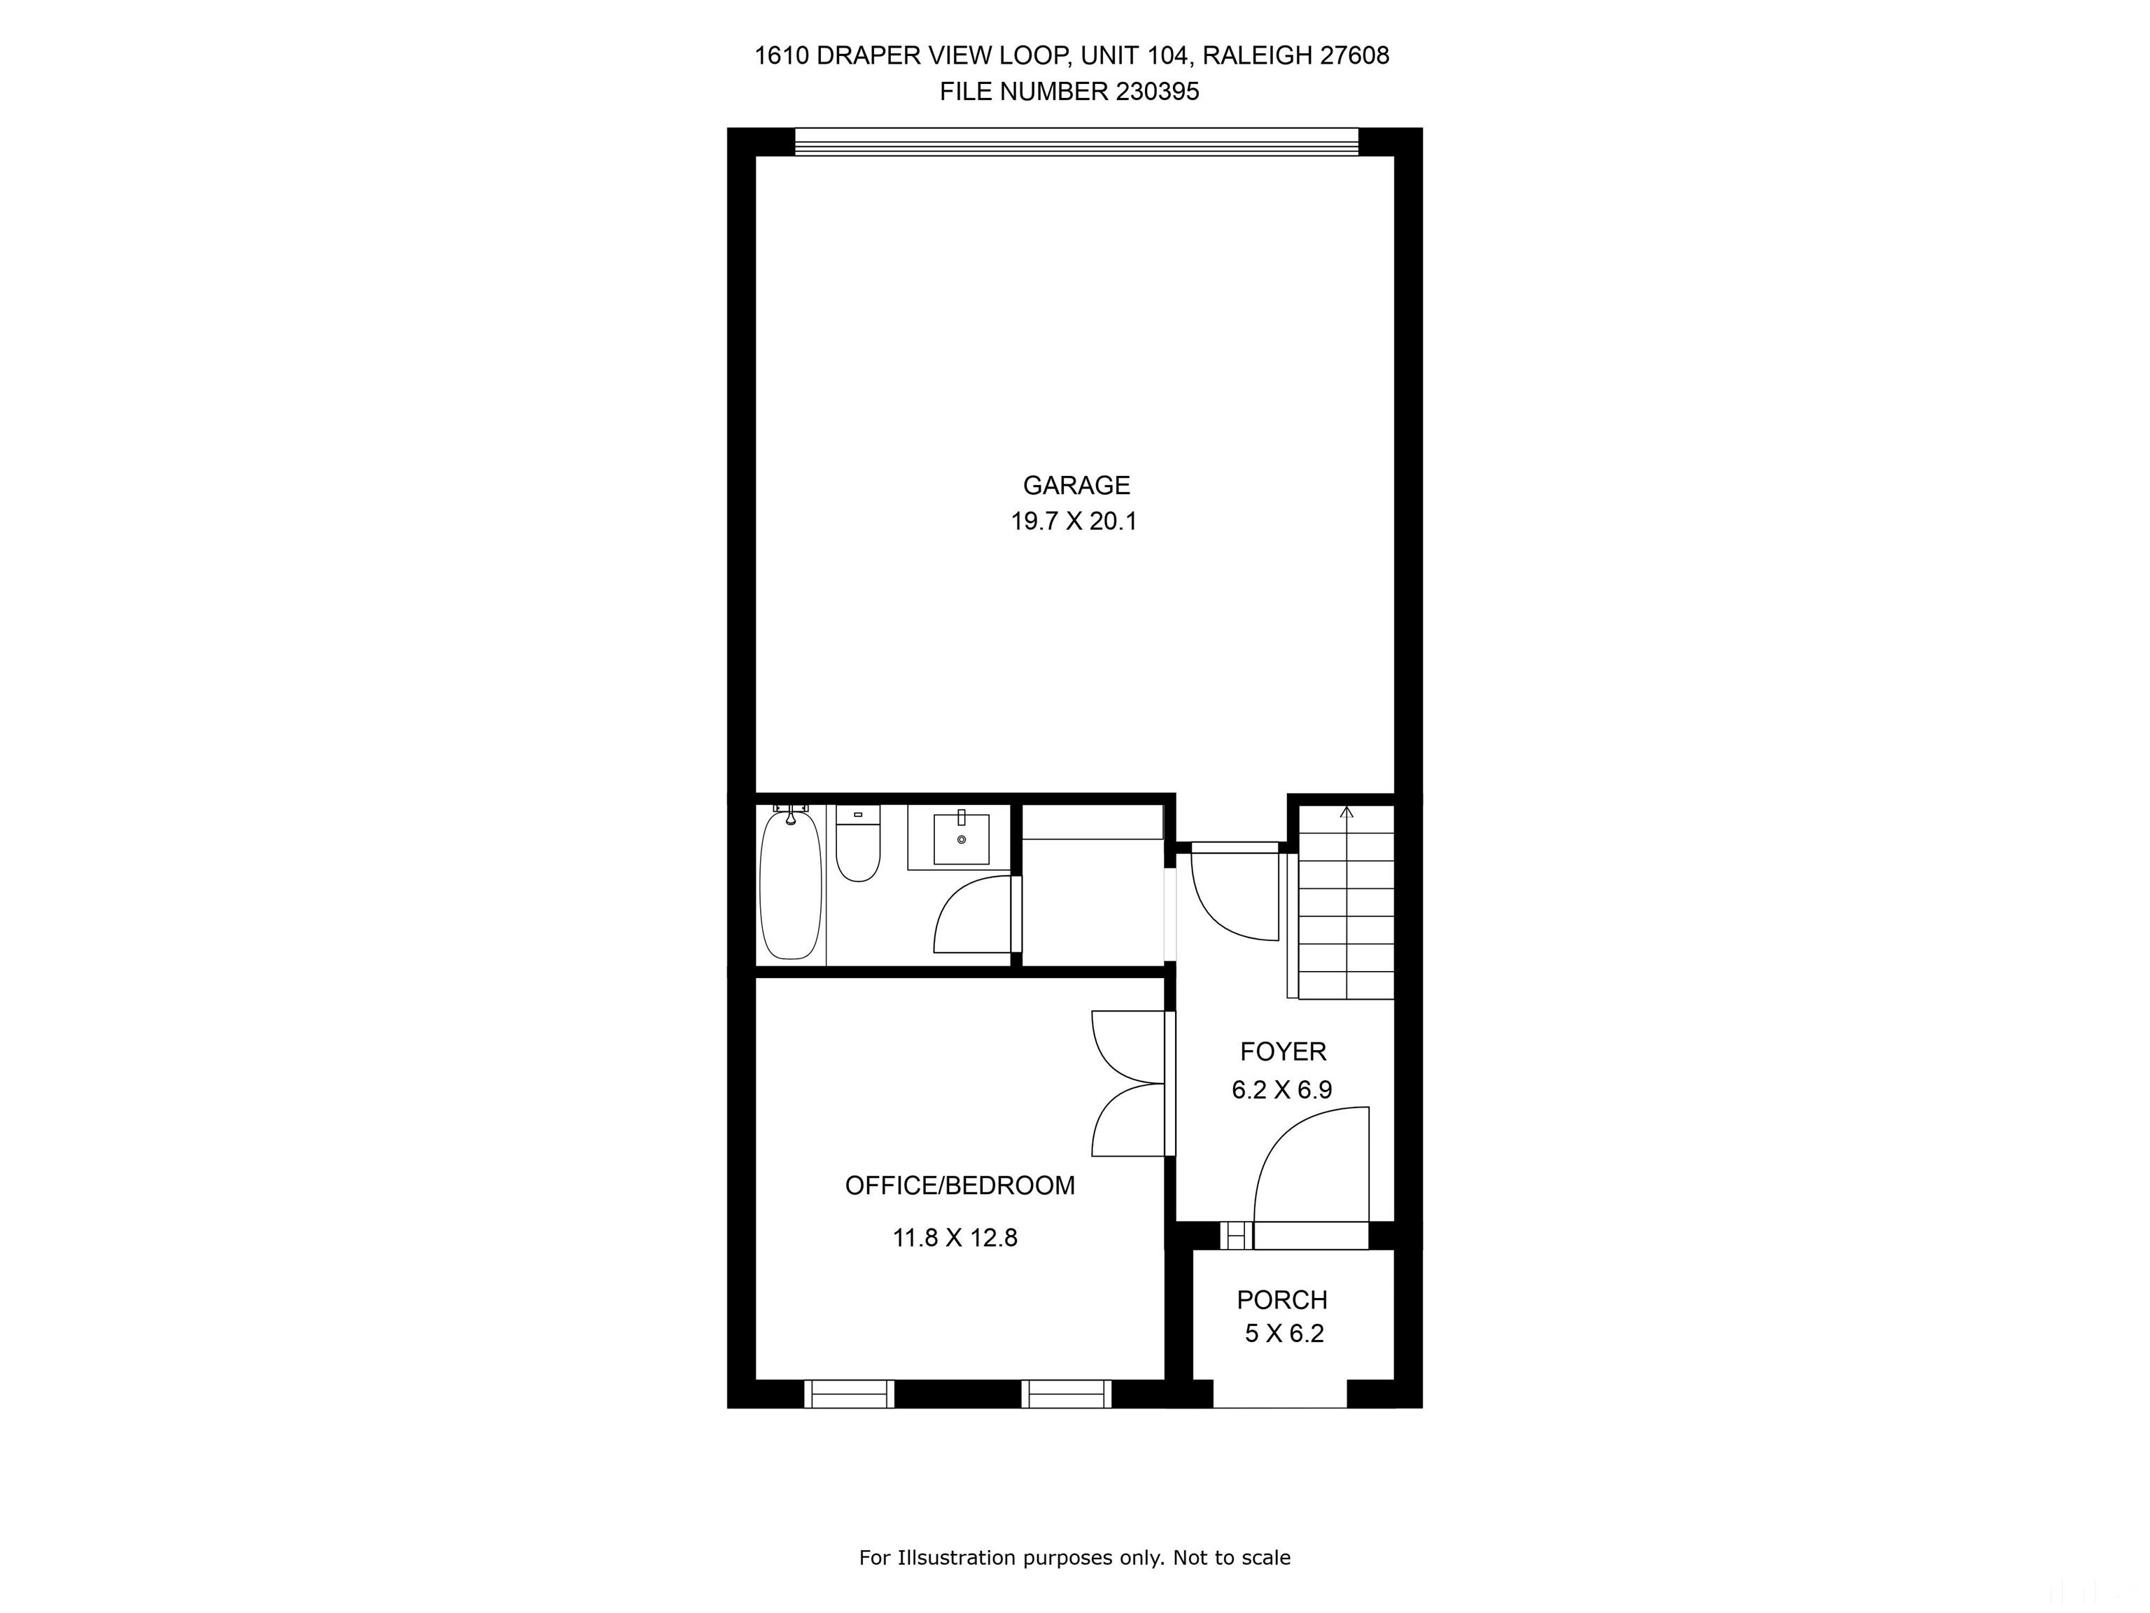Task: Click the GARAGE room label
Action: click(1076, 485)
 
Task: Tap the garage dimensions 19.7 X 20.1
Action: click(1073, 521)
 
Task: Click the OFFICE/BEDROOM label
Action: click(960, 1185)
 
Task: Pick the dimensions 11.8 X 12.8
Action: click(955, 1238)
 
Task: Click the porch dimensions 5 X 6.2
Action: click(1284, 1334)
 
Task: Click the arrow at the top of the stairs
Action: click(1346, 812)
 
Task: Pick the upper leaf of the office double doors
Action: click(1127, 1046)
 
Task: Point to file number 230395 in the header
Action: click(1158, 92)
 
